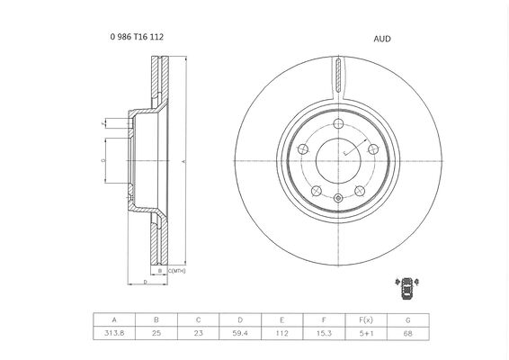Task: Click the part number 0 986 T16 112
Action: (137, 37)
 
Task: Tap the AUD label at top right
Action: (382, 39)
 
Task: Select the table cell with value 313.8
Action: (114, 333)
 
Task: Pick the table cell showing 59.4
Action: (240, 333)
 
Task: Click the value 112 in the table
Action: (282, 333)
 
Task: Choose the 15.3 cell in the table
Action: (324, 333)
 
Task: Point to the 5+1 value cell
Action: (366, 333)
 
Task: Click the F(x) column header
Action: (366, 320)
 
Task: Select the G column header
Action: (408, 320)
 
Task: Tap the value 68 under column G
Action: (408, 333)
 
